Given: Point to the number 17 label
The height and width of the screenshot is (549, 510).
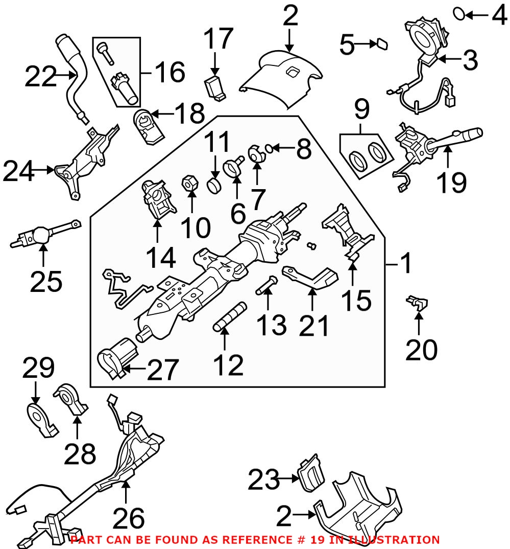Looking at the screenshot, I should click(218, 39).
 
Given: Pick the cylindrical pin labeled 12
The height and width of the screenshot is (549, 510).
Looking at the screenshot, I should click(230, 317).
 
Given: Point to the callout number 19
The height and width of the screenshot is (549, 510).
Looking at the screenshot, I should click(451, 182).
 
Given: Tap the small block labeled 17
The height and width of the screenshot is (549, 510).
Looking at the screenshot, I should click(214, 86).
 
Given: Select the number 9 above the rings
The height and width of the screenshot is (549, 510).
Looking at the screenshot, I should click(361, 109).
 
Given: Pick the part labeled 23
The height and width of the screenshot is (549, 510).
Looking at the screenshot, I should click(310, 473).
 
